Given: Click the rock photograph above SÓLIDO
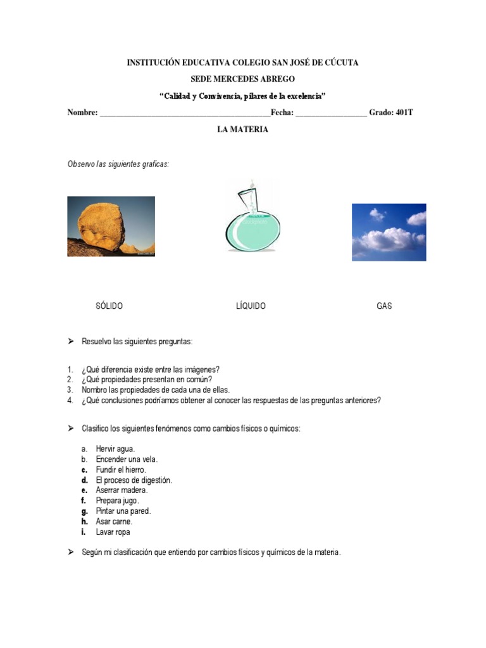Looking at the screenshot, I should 111,226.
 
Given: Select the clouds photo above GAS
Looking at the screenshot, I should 389,232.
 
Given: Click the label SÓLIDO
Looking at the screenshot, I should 109,306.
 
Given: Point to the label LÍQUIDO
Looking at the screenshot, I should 251,306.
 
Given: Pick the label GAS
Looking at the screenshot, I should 384,306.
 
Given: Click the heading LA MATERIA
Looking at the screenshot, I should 242,130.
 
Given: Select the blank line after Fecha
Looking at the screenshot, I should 330,113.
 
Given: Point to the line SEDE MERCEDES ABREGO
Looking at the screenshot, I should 242,79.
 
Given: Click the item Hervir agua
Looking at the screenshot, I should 115,449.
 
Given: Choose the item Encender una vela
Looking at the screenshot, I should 127,459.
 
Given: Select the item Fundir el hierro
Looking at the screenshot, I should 121,470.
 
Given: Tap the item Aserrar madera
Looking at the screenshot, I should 121,490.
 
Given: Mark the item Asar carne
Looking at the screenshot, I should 114,521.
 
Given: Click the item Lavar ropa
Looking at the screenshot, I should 113,532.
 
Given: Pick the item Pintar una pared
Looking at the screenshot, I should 123,511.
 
